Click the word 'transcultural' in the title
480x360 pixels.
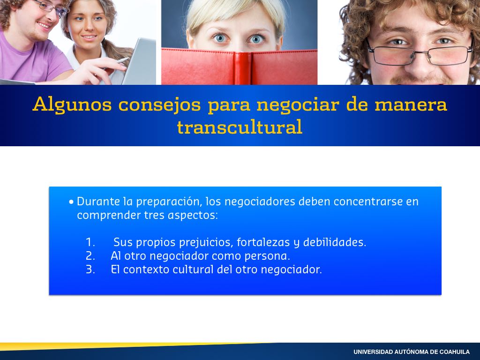[x=240, y=127]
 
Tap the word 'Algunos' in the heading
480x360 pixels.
[x=72, y=105]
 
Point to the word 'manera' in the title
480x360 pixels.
[x=411, y=105]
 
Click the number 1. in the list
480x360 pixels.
[x=90, y=242]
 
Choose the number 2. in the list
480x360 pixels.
[x=90, y=255]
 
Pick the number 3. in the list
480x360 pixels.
[x=90, y=270]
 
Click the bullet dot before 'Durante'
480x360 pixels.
[x=71, y=202]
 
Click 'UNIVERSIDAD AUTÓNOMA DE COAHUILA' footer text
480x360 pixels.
[x=412, y=352]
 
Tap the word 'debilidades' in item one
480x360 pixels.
[x=334, y=242]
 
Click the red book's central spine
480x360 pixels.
[x=243, y=68]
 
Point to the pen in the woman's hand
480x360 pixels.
[x=122, y=61]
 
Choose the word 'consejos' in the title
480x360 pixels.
[x=159, y=105]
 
